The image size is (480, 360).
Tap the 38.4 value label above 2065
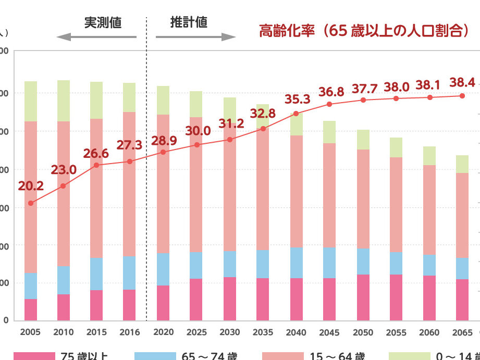[x=462, y=82]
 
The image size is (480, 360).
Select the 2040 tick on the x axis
[x=296, y=332]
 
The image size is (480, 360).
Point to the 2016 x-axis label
[x=129, y=332]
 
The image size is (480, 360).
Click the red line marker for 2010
[x=64, y=185]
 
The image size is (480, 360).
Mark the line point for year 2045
[x=329, y=104]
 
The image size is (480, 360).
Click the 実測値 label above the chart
[x=103, y=22]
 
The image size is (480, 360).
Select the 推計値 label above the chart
[x=189, y=22]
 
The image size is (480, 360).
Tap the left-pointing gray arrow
[x=96, y=37]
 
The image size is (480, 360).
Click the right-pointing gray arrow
[x=196, y=37]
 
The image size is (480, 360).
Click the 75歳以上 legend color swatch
[x=34, y=356]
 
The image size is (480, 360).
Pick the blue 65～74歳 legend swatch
[x=155, y=356]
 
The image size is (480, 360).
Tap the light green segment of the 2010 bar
[x=64, y=101]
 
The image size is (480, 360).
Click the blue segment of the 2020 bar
[x=163, y=269]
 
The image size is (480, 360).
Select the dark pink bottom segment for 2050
[x=363, y=297]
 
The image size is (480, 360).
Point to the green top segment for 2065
[x=462, y=164]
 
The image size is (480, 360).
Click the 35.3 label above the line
[x=298, y=100]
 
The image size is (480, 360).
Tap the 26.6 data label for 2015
[x=96, y=154]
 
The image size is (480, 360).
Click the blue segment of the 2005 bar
[x=31, y=285]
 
